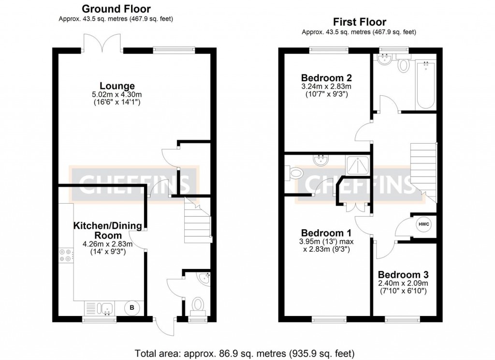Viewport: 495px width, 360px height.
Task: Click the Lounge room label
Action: [117, 86]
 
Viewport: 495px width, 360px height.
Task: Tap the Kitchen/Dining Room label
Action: [108, 230]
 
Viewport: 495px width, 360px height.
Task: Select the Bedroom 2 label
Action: [326, 78]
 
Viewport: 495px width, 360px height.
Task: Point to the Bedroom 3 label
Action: [403, 275]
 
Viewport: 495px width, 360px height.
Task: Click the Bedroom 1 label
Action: [326, 233]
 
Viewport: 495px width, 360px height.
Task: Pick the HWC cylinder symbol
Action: [423, 225]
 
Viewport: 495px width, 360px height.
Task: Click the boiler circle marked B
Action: [132, 308]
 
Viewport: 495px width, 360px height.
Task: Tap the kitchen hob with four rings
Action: [66, 255]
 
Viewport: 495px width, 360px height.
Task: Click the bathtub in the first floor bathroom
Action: [425, 85]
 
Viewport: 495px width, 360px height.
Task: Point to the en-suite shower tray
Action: [358, 165]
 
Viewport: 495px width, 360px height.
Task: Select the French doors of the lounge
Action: [102, 43]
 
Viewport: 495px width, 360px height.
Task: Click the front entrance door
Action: [164, 327]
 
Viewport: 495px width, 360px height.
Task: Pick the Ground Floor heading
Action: [116, 9]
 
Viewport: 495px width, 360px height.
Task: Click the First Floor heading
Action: [359, 22]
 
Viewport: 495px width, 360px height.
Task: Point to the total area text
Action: [245, 353]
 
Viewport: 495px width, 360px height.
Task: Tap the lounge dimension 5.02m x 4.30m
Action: [117, 94]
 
